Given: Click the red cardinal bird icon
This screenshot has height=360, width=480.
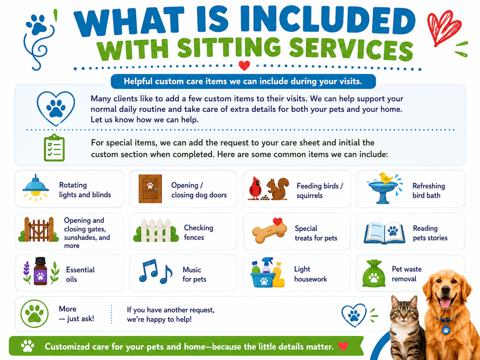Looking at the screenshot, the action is coord(255,188).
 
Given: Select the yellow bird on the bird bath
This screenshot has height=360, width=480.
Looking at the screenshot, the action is coord(386,178).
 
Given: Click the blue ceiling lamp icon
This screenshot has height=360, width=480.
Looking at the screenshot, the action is coord(36,188).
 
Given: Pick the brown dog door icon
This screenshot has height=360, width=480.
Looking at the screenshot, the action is coord(150,189).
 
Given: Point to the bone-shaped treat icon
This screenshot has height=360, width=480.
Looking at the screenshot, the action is coord(270,231).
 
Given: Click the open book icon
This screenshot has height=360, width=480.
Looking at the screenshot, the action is coord(385,233).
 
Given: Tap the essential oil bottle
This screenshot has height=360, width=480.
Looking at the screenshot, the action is coord(40,271).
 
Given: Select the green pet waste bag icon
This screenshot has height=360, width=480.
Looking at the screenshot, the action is coord(374,273).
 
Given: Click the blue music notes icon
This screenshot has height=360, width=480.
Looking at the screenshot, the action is coord(155,271).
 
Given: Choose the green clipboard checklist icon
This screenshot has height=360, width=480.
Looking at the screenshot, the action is coord(54,148).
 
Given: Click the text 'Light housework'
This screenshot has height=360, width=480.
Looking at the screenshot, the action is coord(310,274).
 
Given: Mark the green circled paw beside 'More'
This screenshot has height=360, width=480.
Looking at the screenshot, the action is coord(34,314).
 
